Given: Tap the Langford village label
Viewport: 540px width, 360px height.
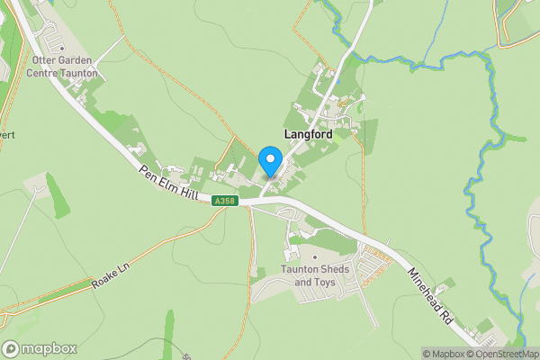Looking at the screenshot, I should (x=308, y=134).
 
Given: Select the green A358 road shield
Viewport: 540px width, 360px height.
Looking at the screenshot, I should (x=225, y=202).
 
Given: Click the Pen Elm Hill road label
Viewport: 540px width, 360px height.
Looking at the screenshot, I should (x=167, y=183).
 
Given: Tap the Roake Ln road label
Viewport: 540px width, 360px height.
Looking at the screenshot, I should (x=111, y=276).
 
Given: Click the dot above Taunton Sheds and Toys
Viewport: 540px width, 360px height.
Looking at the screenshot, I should (x=315, y=257).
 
